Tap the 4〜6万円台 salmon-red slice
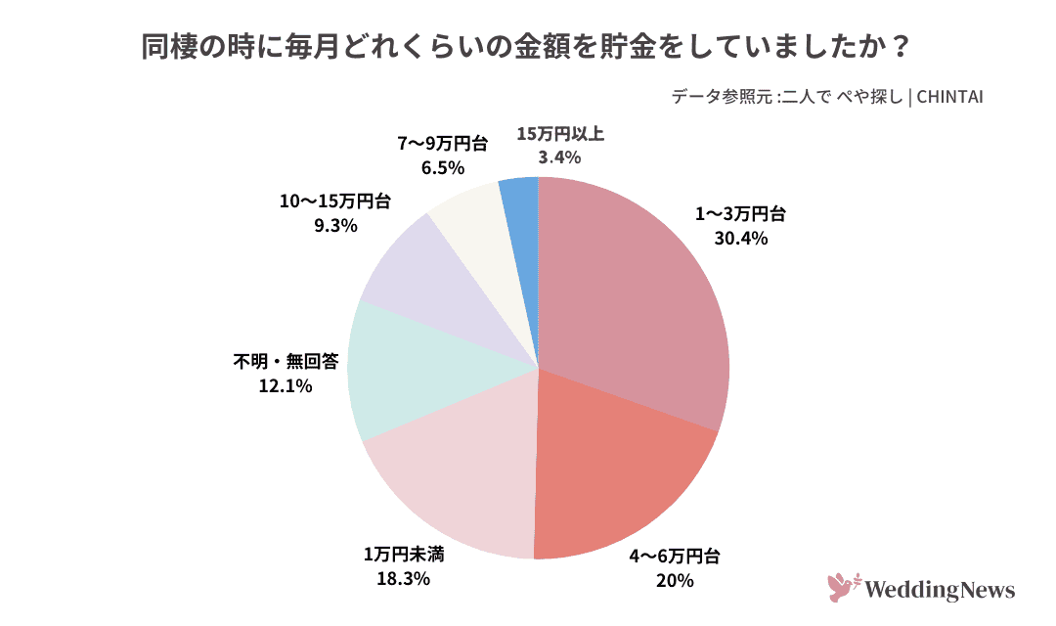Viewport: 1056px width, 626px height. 616,469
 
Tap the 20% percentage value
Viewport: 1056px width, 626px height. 675,581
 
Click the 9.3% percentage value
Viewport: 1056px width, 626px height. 334,225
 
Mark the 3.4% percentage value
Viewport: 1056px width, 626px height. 559,156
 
